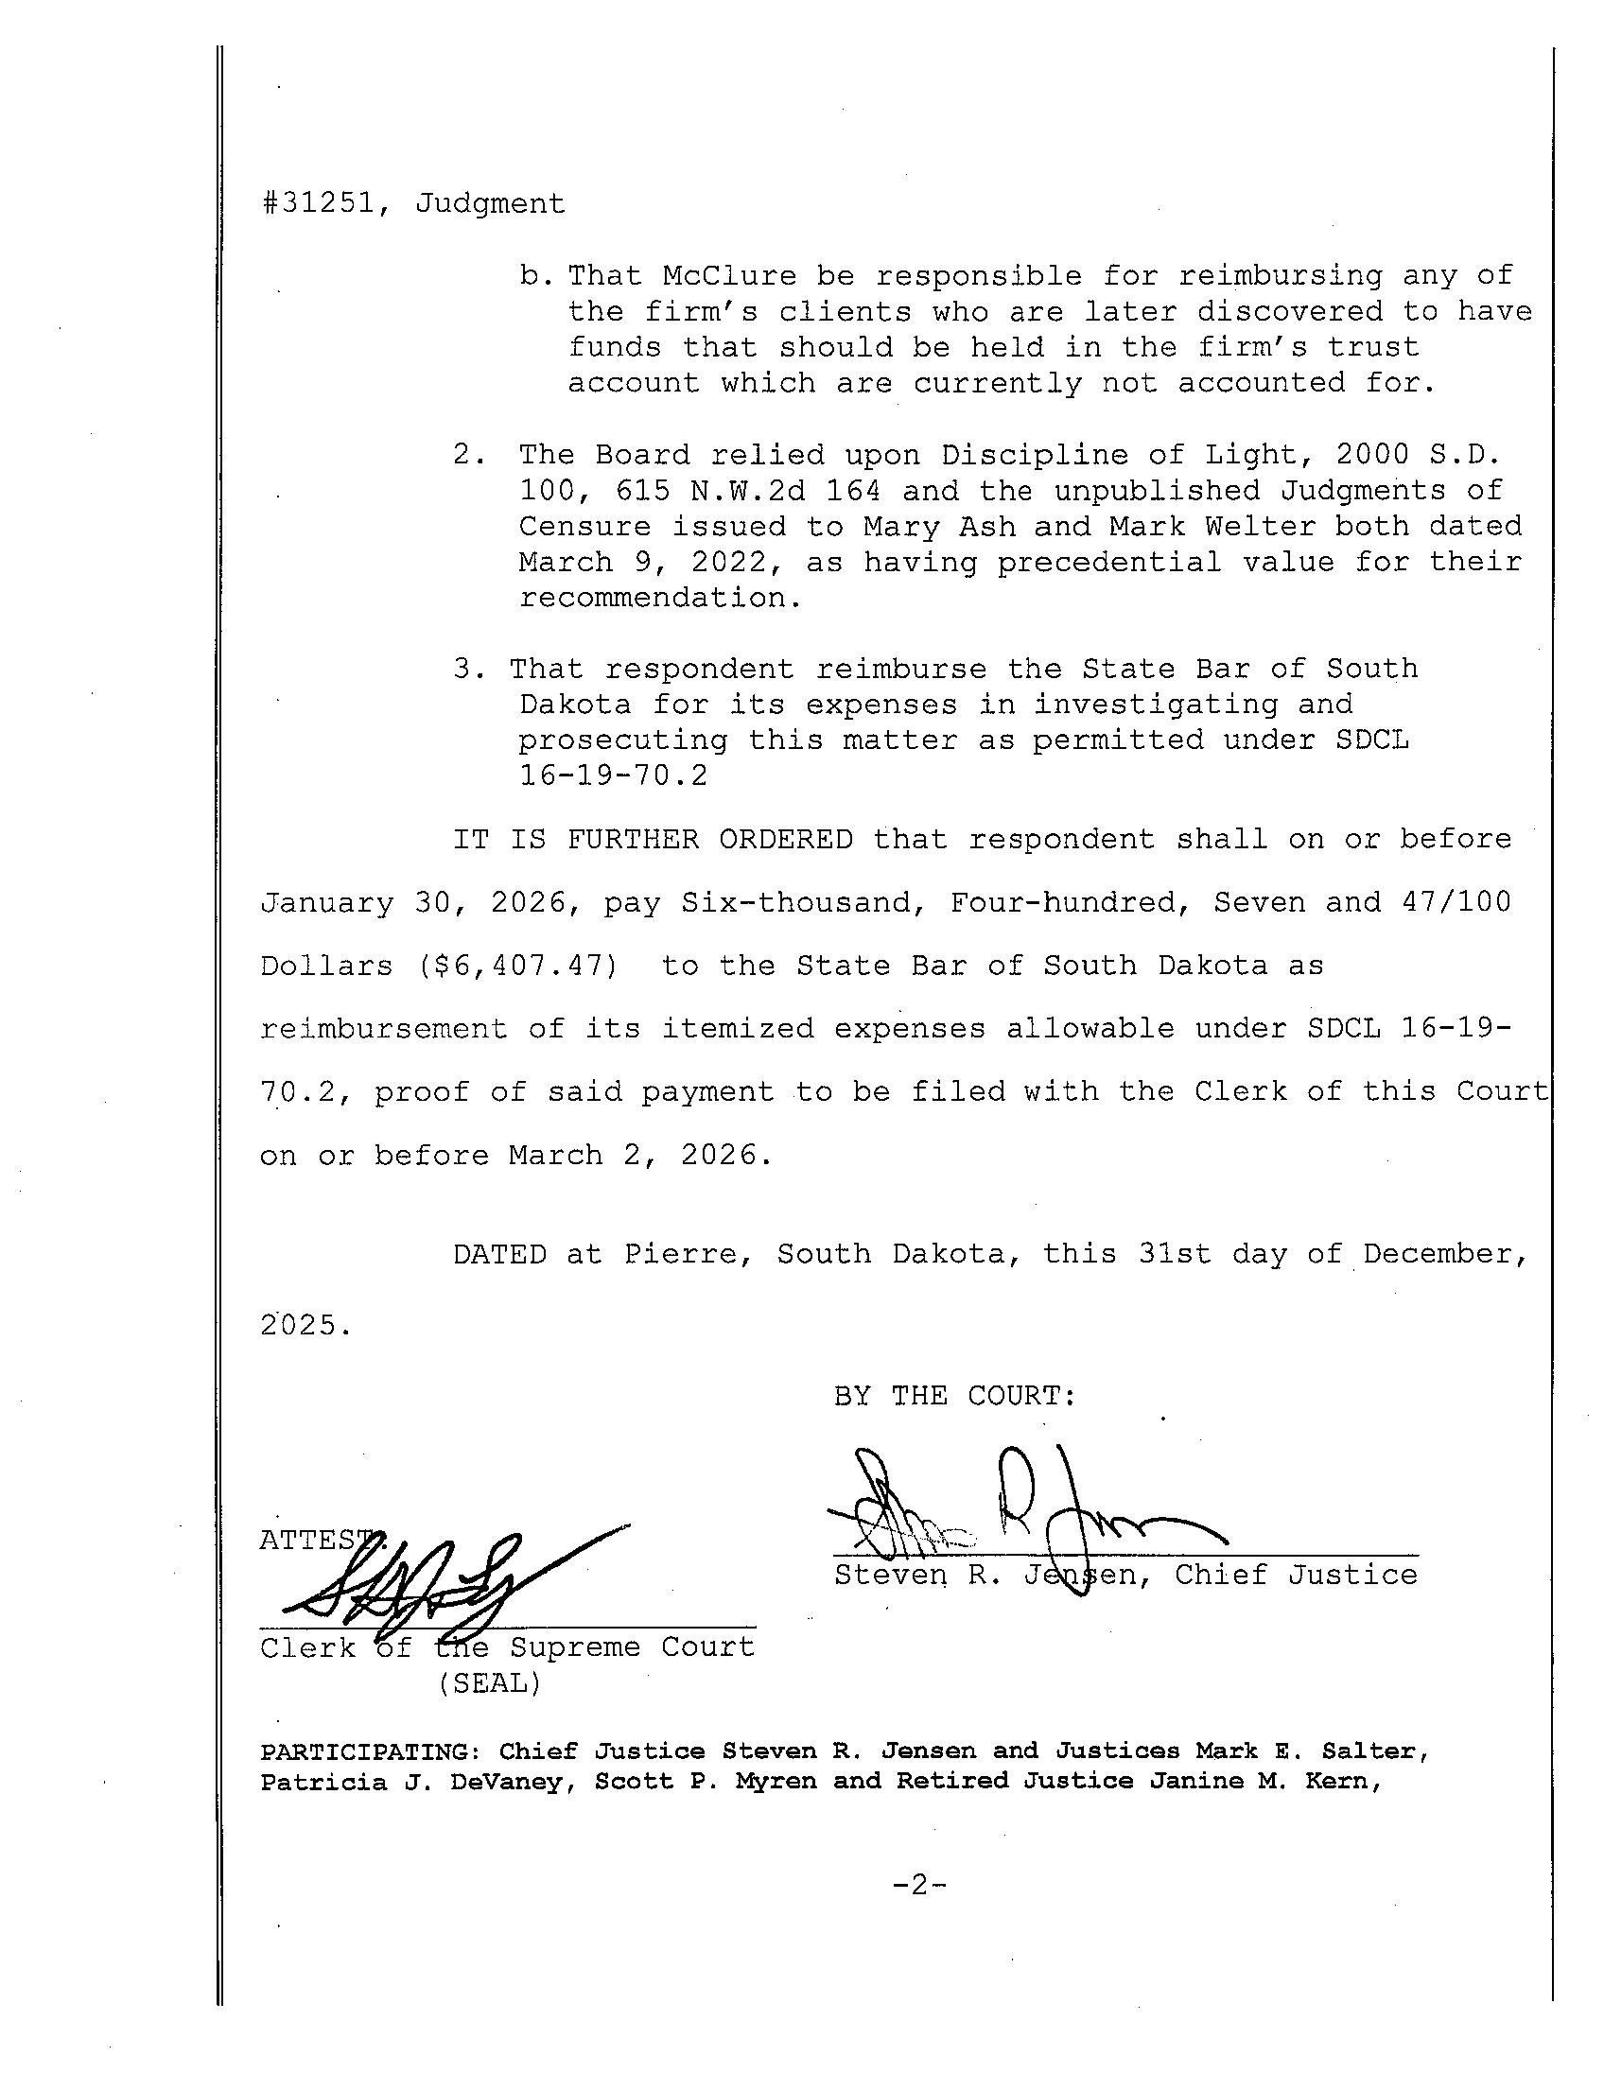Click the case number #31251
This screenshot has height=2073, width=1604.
click(317, 203)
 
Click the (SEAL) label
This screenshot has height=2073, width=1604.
click(489, 1683)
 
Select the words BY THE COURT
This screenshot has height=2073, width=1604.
click(955, 1395)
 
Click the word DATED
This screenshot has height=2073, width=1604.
click(499, 1255)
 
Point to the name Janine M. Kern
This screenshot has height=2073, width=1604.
click(1264, 1782)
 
